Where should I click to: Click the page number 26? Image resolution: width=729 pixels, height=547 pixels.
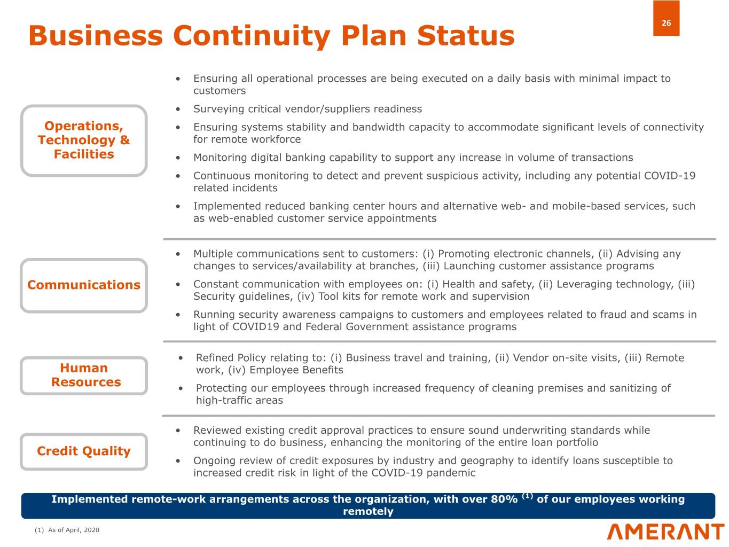pyautogui.click(x=666, y=24)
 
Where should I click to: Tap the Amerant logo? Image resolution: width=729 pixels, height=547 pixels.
pyautogui.click(x=665, y=532)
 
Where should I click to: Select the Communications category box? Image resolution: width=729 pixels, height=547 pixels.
pyautogui.click(x=84, y=285)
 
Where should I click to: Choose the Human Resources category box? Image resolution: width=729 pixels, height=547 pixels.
pyautogui.click(x=84, y=376)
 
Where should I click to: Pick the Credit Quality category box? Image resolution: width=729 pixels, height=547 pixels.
pyautogui.click(x=84, y=451)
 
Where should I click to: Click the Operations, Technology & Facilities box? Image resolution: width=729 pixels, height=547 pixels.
pyautogui.click(x=84, y=140)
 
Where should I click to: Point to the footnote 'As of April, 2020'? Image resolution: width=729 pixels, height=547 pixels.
pyautogui.click(x=74, y=530)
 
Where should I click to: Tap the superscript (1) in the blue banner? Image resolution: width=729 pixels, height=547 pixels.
pyautogui.click(x=527, y=496)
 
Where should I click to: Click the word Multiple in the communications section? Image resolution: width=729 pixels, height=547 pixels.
pyautogui.click(x=213, y=254)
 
